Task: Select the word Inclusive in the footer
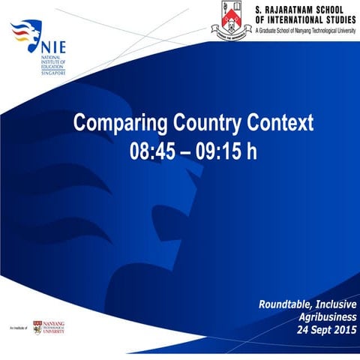pyautogui.click(x=334, y=304)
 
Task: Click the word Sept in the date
pyautogui.click(x=315, y=329)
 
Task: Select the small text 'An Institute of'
pyautogui.click(x=19, y=328)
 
